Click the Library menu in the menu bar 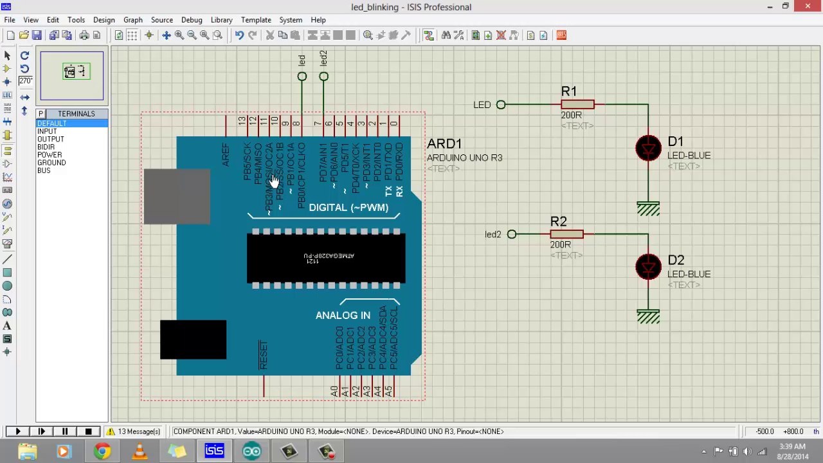click(x=221, y=20)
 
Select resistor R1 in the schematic click(x=577, y=104)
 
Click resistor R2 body click(x=566, y=234)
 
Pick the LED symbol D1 click(x=648, y=149)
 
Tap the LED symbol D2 click(x=648, y=267)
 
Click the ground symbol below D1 click(x=648, y=209)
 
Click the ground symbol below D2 click(x=648, y=316)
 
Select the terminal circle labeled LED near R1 click(x=501, y=105)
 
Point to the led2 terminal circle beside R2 click(x=512, y=235)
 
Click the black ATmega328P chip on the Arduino click(x=326, y=259)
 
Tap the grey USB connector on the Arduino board click(x=176, y=197)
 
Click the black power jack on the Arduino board click(x=193, y=340)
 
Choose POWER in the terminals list click(x=50, y=155)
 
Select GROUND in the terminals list click(x=51, y=163)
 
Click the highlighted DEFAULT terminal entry click(x=51, y=123)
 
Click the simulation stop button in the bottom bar click(x=88, y=431)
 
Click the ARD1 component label click(x=444, y=144)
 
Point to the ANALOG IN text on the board click(x=343, y=316)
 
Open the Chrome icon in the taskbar click(x=102, y=451)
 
